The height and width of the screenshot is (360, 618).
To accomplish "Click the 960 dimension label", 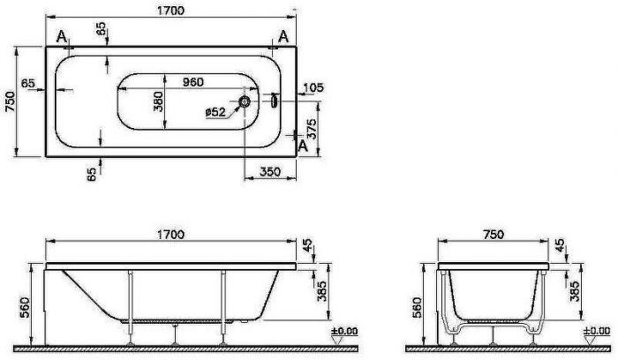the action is click(193, 82).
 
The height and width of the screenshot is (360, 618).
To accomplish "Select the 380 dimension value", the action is click(158, 101).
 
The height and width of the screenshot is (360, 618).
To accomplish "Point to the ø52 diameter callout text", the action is click(215, 112).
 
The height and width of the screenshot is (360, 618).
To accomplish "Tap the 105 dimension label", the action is click(313, 87).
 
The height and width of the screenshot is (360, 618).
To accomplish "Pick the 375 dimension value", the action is click(312, 129).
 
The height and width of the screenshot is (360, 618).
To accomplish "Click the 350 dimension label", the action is click(270, 172).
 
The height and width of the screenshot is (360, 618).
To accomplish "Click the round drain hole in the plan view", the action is click(245, 101).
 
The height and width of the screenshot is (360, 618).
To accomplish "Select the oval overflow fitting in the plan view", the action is click(274, 101).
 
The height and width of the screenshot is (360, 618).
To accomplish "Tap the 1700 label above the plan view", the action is click(170, 11).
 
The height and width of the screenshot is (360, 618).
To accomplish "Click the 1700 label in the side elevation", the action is click(170, 235).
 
